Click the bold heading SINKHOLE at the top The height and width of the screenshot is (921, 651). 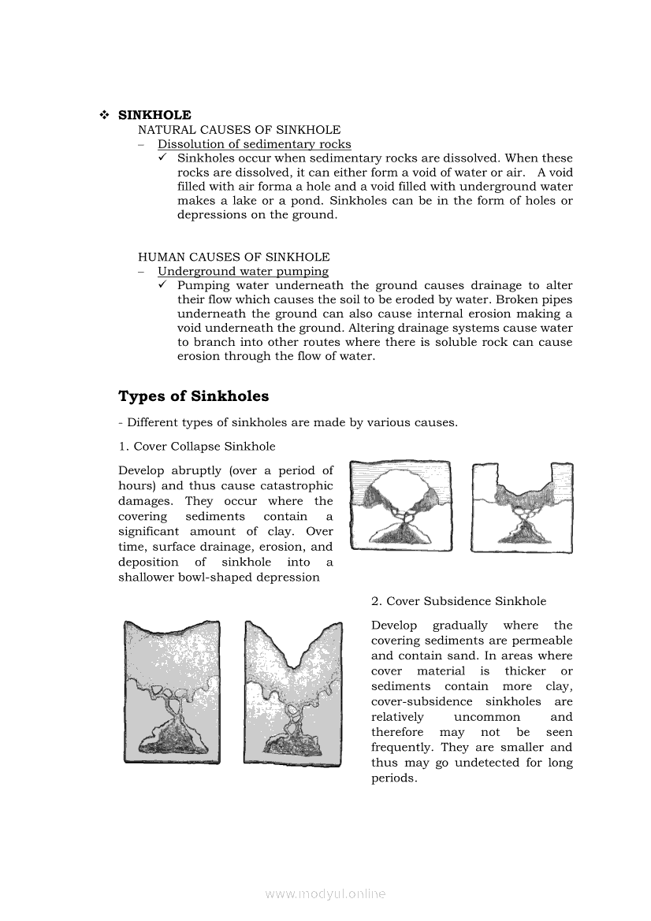pyautogui.click(x=154, y=115)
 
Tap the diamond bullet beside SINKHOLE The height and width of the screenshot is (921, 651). pyautogui.click(x=104, y=115)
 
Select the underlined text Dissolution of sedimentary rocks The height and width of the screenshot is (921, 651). pyautogui.click(x=254, y=144)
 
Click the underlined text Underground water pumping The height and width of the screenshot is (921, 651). pyautogui.click(x=243, y=272)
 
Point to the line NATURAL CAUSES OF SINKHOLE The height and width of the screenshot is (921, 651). pyautogui.click(x=239, y=130)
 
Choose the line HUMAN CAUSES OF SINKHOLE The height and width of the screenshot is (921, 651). pyautogui.click(x=233, y=258)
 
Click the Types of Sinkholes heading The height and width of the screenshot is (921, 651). pyautogui.click(x=193, y=396)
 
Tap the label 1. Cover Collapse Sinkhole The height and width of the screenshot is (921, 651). pyautogui.click(x=197, y=447)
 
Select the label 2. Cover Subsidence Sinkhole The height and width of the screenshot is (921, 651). pyautogui.click(x=459, y=601)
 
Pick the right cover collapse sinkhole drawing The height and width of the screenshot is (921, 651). pyautogui.click(x=522, y=507)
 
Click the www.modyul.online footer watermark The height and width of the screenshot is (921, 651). pyautogui.click(x=325, y=894)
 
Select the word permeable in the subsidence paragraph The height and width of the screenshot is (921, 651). pyautogui.click(x=545, y=641)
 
